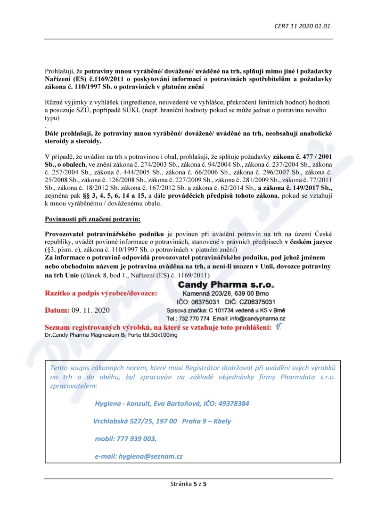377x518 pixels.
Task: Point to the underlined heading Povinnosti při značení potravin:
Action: [92, 219]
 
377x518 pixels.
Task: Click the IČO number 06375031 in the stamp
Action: [206, 302]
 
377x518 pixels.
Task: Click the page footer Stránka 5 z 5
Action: [188, 483]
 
